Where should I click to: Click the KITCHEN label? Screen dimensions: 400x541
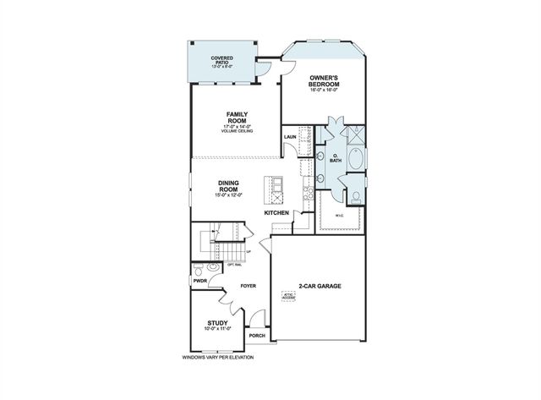[x=276, y=212]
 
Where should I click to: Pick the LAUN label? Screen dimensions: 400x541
[x=289, y=136]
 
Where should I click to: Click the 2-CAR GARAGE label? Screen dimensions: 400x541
[x=320, y=287]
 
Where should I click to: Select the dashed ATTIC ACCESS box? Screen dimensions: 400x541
[x=291, y=298]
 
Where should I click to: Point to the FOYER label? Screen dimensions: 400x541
[x=248, y=286]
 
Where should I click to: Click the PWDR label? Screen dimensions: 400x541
[x=199, y=281]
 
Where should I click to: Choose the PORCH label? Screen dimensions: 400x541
[x=257, y=336]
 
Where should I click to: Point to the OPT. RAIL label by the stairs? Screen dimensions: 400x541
[x=234, y=263]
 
